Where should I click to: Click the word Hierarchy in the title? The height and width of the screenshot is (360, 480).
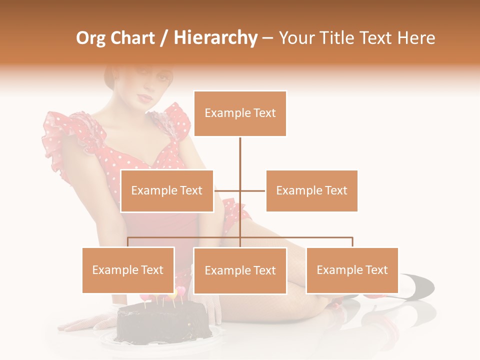(x=215, y=38)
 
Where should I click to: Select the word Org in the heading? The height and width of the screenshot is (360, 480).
(x=90, y=38)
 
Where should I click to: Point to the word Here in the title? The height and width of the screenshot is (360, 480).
(x=416, y=38)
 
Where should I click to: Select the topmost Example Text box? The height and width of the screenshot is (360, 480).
(x=240, y=113)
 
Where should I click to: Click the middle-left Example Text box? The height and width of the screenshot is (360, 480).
(x=167, y=191)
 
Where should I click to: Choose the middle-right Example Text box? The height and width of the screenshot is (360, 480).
(x=311, y=191)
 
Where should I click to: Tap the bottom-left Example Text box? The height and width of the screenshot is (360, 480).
(x=128, y=270)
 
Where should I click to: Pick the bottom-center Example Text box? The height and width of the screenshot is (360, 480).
(x=240, y=270)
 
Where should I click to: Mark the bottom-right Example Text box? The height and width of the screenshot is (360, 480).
(x=352, y=270)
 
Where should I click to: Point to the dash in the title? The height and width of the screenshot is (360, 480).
(x=267, y=38)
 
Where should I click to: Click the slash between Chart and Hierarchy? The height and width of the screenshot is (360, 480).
(x=163, y=38)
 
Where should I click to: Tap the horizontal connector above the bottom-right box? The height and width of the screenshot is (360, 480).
(x=325, y=237)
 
